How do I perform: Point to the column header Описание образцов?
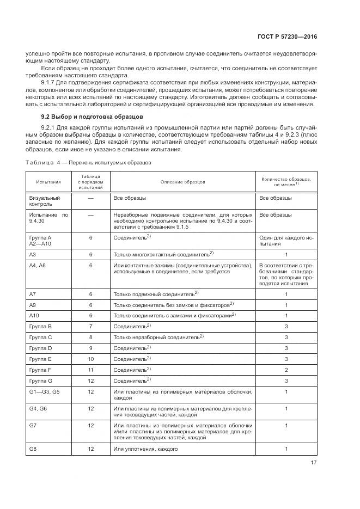pyautogui.click(x=182, y=181)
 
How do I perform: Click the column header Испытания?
pyautogui.click(x=49, y=181)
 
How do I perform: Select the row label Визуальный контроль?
pyautogui.click(x=44, y=201)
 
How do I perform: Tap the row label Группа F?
pyautogui.click(x=40, y=370)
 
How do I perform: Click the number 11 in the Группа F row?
pyautogui.click(x=91, y=370)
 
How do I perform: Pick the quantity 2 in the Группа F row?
pyautogui.click(x=286, y=370)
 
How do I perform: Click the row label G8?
pyautogui.click(x=33, y=449)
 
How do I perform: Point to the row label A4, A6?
pyautogui.click(x=38, y=265)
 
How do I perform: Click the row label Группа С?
pyautogui.click(x=40, y=337)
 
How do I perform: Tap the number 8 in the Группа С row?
pyautogui.click(x=91, y=337)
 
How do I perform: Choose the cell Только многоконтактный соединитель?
pyautogui.click(x=162, y=254)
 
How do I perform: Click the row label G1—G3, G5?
pyautogui.click(x=45, y=391)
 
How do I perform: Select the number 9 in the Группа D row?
pyautogui.click(x=91, y=348)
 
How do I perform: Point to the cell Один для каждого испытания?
pyautogui.click(x=286, y=241)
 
